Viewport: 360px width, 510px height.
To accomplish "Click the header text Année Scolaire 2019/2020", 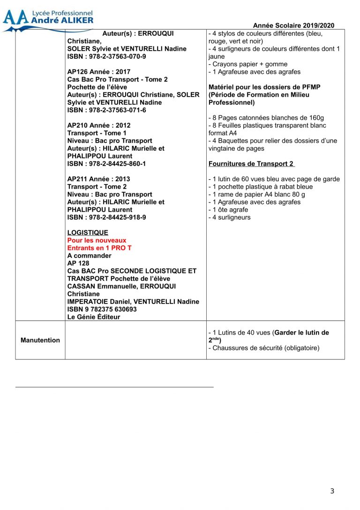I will tap(293, 26).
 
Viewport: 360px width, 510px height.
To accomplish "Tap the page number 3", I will tap(332, 491).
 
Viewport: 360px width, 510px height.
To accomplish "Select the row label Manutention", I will tap(40, 340).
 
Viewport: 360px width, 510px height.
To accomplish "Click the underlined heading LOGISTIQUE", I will tap(88, 233).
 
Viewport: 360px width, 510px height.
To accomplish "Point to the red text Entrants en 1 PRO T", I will tap(99, 248).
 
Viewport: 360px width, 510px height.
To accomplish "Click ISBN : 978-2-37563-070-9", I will tap(106, 56).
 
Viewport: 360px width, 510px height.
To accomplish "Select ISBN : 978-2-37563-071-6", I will tap(106, 110).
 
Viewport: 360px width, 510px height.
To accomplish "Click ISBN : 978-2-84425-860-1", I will tap(106, 164).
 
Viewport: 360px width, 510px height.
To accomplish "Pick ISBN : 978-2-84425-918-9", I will tap(106, 217).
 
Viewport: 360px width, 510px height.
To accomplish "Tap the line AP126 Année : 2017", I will tap(99, 72).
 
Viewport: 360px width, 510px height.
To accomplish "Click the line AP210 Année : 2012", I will tap(99, 125).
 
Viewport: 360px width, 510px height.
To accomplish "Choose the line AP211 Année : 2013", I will tap(99, 179).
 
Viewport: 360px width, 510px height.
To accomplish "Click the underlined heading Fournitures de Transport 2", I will tap(251, 164).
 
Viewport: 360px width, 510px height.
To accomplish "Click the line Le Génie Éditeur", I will tap(94, 317).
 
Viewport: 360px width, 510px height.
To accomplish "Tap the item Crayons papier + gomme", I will tap(248, 64).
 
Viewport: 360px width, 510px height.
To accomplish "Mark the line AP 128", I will tap(78, 263).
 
